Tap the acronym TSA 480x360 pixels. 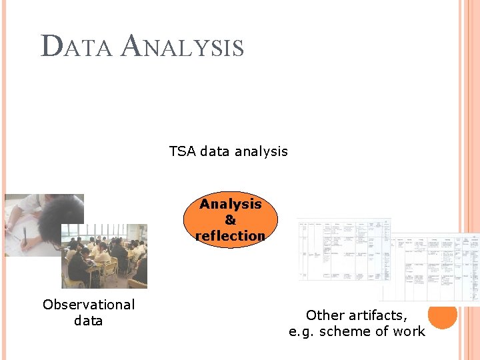point(183,151)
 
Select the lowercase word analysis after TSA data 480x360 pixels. point(262,151)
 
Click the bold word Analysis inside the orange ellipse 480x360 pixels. point(230,203)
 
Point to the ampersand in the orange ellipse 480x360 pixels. point(230,219)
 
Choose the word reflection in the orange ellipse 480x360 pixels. point(230,235)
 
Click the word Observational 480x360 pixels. point(89,305)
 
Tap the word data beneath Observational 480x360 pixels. point(89,321)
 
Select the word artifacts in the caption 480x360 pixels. point(377,315)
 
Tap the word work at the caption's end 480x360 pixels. point(409,331)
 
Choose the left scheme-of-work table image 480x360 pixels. point(343,250)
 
